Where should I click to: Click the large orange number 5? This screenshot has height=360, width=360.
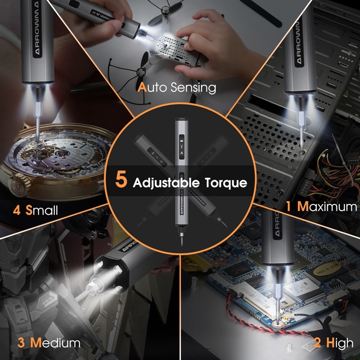(121, 179)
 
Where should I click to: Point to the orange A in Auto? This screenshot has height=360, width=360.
(142, 87)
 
